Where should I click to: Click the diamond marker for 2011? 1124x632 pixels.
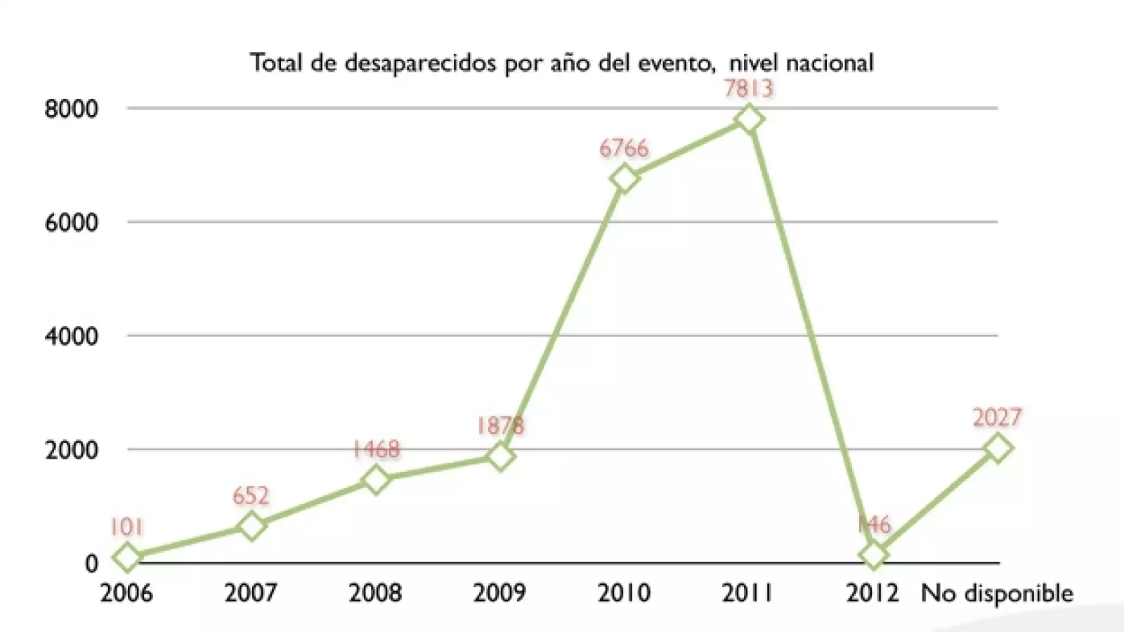point(749,119)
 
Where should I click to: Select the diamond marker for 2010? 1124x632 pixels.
point(625,179)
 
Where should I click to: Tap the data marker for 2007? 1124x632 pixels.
point(251,525)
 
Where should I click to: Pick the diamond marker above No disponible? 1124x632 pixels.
point(998,447)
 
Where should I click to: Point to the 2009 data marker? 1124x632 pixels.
point(500,456)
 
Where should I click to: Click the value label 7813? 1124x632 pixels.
point(749,88)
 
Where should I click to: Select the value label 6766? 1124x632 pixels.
point(624,148)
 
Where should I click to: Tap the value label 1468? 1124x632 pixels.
point(376,449)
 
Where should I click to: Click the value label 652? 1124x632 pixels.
point(251,496)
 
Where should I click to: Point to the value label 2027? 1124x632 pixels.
point(997,417)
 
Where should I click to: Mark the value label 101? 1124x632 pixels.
point(126,527)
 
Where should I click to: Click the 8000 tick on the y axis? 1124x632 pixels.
point(71,110)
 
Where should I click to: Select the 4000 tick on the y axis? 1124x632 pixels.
point(71,336)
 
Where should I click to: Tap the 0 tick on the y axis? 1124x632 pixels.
point(91,563)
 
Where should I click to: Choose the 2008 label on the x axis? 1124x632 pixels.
point(375,593)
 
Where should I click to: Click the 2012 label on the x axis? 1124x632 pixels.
point(873,593)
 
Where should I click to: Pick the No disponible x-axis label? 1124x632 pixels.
point(997,593)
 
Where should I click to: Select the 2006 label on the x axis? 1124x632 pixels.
point(126,593)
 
